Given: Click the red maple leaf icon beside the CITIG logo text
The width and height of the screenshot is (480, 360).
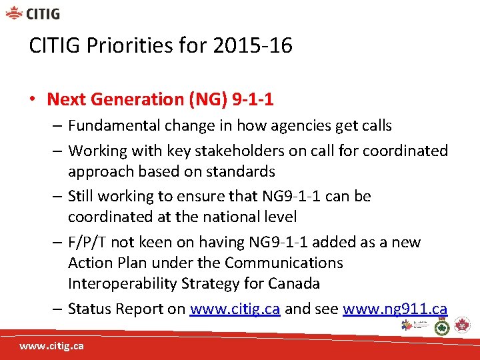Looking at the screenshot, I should pos(13,13).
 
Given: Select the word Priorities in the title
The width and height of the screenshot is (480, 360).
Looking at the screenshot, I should pos(125,46).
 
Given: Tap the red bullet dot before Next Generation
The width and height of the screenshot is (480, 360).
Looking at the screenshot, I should pos(32,100).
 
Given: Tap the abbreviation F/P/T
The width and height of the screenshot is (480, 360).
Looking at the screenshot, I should pos(87,242).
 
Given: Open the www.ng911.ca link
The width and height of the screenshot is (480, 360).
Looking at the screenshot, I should pos(395,309).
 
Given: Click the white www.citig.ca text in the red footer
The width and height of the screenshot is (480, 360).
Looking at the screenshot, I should pos(51,347).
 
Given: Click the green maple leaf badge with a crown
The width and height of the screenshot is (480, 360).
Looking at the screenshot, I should pos(441,326).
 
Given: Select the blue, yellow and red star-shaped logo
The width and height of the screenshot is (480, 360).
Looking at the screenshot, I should pos(408,325).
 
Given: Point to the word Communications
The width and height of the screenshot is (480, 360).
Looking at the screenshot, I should pos(284,263).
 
